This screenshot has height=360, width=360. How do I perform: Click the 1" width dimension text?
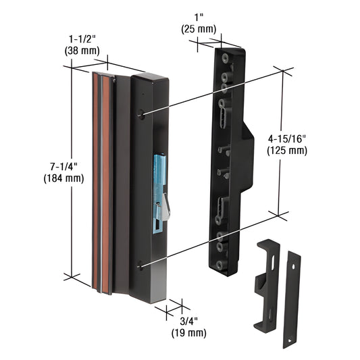(199, 16)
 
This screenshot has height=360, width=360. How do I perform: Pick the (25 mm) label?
(199, 28)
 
